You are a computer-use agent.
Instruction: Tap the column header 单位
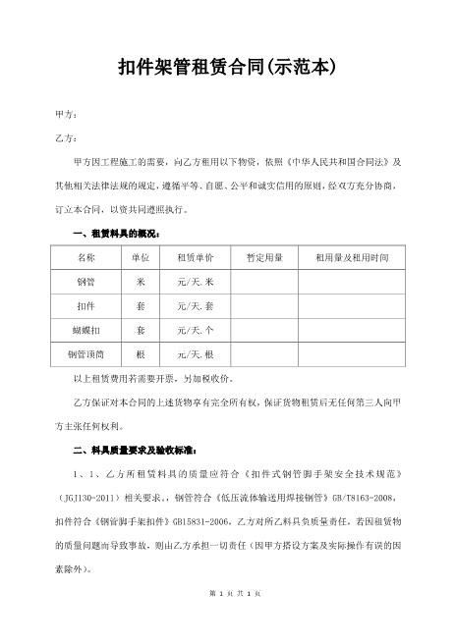(x=141, y=257)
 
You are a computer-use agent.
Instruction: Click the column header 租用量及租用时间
(x=346, y=257)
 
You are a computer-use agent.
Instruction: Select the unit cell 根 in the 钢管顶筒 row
(x=141, y=353)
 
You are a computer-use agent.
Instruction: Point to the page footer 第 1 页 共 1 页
(x=227, y=624)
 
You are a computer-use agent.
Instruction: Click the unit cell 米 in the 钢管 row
(x=141, y=282)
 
